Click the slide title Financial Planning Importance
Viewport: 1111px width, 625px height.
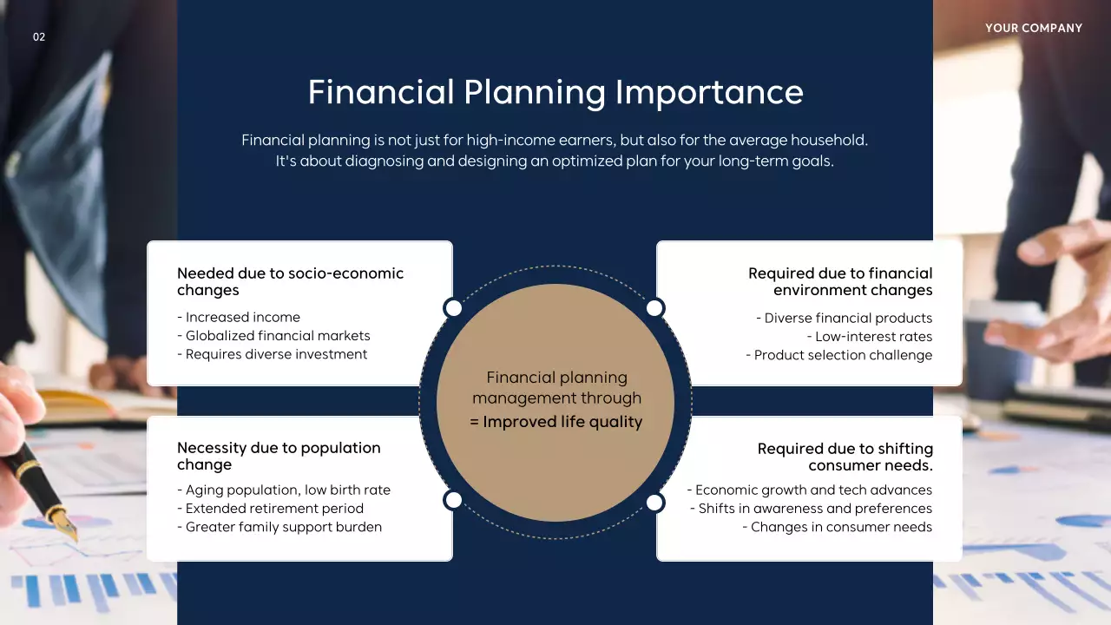(x=555, y=92)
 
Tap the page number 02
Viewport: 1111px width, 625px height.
(x=39, y=36)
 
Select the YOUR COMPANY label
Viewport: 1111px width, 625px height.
(x=1033, y=29)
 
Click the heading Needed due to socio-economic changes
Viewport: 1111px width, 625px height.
(x=290, y=281)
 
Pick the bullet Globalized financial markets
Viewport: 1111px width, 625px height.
(x=278, y=336)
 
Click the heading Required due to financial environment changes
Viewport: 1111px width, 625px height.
(x=840, y=281)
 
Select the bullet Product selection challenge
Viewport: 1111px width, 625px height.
(x=838, y=355)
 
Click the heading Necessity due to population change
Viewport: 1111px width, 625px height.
(x=279, y=456)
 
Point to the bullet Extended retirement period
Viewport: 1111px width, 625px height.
(x=274, y=509)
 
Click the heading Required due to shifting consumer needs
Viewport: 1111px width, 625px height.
(x=845, y=457)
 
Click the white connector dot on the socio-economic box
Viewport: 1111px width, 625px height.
(x=453, y=308)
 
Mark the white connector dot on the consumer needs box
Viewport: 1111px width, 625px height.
(x=655, y=503)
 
